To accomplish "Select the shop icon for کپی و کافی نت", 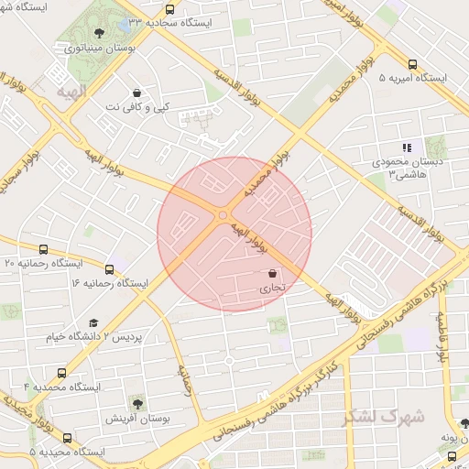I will pyautogui.click(x=136, y=93).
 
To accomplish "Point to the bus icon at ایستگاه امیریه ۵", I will pyautogui.click(x=412, y=65).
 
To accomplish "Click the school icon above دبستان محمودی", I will pyautogui.click(x=408, y=147).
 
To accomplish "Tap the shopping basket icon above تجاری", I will pyautogui.click(x=273, y=274).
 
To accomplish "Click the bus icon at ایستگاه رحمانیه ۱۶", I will pyautogui.click(x=110, y=269).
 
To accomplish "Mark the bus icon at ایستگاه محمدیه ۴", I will pyautogui.click(x=61, y=373).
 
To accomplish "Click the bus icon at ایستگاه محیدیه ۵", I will pyautogui.click(x=67, y=438).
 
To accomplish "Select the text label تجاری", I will pyautogui.click(x=272, y=289).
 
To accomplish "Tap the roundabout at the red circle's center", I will pyautogui.click(x=223, y=215).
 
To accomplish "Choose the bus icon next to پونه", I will pyautogui.click(x=452, y=455).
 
